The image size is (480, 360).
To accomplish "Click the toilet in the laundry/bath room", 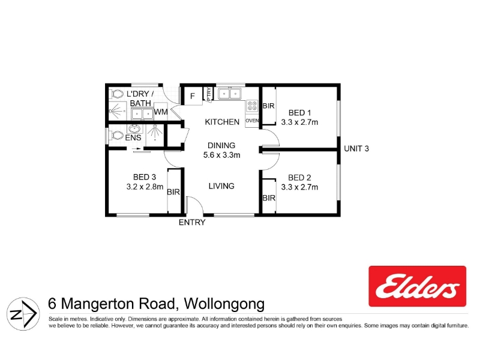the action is (116, 94).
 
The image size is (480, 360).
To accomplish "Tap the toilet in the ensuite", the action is (116, 136).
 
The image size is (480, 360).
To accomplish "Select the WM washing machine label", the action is (161, 112).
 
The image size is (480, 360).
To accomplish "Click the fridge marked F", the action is (193, 96).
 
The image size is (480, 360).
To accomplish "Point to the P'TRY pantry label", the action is (208, 94).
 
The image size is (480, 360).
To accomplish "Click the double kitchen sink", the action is (229, 94).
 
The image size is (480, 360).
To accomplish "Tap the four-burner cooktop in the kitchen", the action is (252, 106).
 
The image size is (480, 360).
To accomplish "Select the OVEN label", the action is (252, 121).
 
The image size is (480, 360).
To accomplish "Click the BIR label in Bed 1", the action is (268, 106).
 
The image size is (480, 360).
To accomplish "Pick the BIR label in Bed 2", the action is (269, 198).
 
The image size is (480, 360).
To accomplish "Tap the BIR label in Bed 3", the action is (173, 192).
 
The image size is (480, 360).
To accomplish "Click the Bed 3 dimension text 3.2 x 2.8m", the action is (145, 187).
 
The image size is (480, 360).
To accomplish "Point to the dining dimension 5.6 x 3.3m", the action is (221, 155).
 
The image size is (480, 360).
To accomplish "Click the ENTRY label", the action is (192, 222).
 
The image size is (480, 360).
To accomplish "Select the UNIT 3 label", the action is (356, 149).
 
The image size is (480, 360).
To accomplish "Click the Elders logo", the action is (417, 286).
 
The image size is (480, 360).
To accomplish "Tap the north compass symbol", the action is (23, 314).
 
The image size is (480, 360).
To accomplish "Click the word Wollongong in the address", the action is (224, 304).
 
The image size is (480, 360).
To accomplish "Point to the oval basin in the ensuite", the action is (134, 128).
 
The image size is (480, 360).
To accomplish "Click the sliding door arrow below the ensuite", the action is (138, 149).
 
